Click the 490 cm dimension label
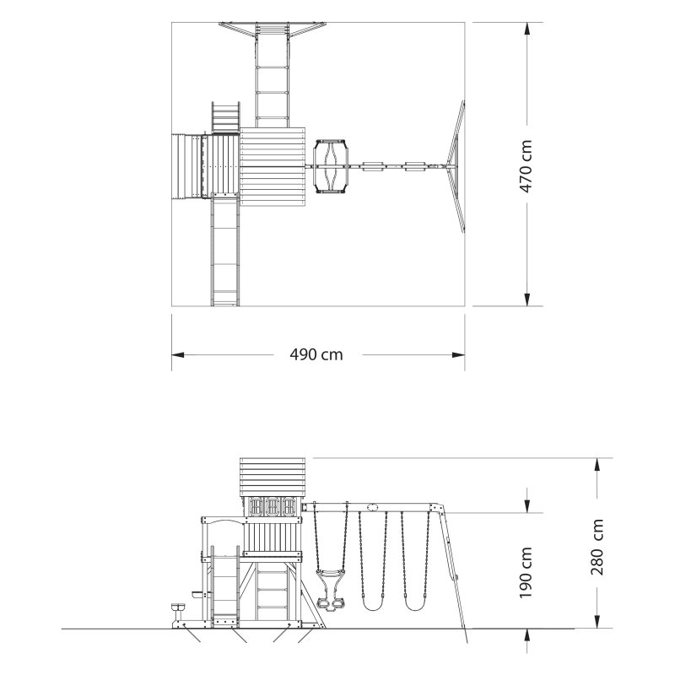click(x=316, y=354)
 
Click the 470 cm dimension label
click(x=526, y=166)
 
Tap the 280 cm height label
click(x=597, y=547)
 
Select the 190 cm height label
click(x=525, y=573)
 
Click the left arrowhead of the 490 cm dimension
click(x=178, y=354)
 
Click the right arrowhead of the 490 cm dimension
click(x=458, y=354)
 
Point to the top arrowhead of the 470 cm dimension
click(x=526, y=29)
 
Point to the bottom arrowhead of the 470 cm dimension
click(x=526, y=300)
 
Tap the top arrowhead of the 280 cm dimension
click(x=597, y=465)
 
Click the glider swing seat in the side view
click(x=330, y=590)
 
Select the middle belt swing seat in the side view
click(x=373, y=603)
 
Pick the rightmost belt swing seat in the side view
click(x=415, y=603)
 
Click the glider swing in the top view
click(x=331, y=165)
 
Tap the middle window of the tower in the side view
click(x=272, y=506)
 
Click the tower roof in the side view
click(x=272, y=478)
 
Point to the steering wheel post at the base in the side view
click(x=177, y=616)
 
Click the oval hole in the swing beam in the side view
click(x=373, y=507)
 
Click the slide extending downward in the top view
click(x=225, y=250)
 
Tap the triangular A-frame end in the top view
click(x=456, y=166)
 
